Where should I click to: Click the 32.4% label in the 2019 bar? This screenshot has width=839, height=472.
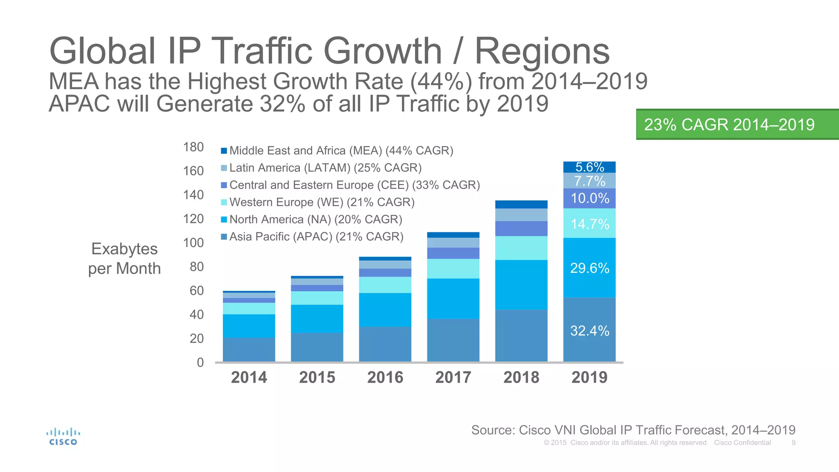click(x=590, y=331)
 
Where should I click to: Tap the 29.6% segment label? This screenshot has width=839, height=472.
click(x=590, y=268)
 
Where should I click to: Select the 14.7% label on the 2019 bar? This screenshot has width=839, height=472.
click(x=590, y=224)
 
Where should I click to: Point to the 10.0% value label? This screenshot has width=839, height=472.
click(x=590, y=198)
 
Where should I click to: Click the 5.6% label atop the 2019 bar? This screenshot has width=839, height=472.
click(x=590, y=167)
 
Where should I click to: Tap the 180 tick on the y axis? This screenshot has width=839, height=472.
click(x=193, y=147)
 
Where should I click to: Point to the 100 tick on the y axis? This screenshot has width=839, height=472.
click(x=193, y=243)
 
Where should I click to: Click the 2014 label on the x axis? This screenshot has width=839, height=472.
click(x=249, y=377)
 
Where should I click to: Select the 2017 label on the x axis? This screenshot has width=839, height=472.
click(x=453, y=377)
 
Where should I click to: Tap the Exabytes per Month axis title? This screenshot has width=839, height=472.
click(x=125, y=259)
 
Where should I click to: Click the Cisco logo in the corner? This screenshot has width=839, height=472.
click(x=63, y=437)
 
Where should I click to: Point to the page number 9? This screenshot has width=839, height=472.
click(x=794, y=443)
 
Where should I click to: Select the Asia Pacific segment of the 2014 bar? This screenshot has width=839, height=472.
click(x=249, y=349)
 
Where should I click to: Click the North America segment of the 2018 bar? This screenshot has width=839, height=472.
click(x=521, y=284)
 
